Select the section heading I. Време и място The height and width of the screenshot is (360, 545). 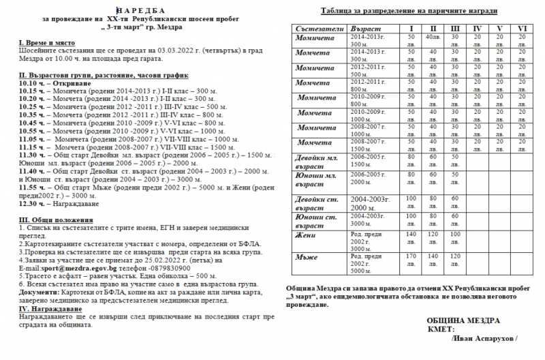(43, 43)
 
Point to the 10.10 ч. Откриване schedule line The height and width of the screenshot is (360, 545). (45, 82)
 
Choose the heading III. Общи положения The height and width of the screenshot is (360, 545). (55, 220)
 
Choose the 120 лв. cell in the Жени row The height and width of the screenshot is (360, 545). (433, 236)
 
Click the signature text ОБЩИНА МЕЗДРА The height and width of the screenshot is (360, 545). (463, 320)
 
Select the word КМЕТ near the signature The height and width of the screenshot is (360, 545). (441, 329)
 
